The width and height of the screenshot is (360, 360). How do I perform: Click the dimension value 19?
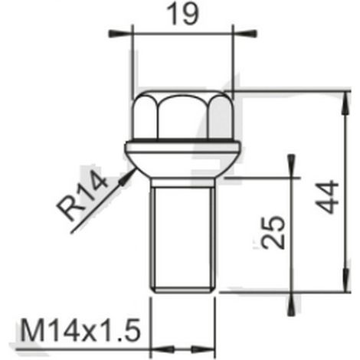pyautogui.click(x=182, y=15)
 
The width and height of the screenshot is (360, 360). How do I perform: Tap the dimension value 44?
pyautogui.click(x=327, y=197)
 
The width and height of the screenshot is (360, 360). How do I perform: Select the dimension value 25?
pyautogui.click(x=273, y=232)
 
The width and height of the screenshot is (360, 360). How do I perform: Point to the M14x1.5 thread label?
pyautogui.click(x=80, y=330)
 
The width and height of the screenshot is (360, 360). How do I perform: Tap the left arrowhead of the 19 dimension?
pyautogui.click(x=120, y=34)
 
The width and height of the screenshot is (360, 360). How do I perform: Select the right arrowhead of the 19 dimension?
pyautogui.click(x=245, y=34)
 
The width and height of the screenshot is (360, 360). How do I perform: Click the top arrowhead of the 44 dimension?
pyautogui.click(x=345, y=103)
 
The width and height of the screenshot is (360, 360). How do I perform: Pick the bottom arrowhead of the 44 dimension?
pyautogui.click(x=345, y=280)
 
